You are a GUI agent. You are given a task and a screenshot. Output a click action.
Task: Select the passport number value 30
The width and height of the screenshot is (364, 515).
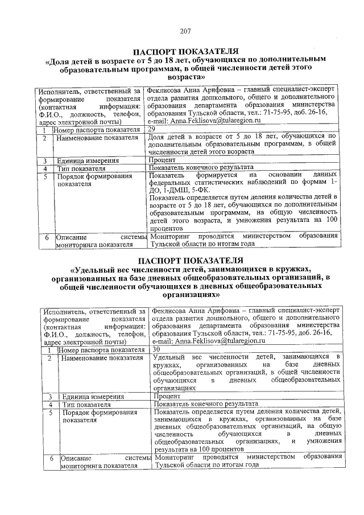[x=157, y=349]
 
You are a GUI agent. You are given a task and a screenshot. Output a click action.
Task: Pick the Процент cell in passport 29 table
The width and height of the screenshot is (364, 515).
[x=163, y=160]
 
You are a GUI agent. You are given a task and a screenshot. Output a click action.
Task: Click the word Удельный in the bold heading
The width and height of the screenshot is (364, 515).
[x=93, y=269]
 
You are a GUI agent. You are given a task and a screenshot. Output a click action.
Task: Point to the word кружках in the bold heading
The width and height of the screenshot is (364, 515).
[x=293, y=269]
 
